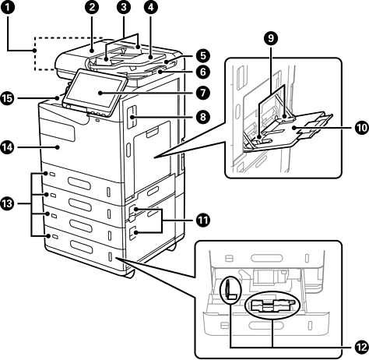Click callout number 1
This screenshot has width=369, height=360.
(8, 7)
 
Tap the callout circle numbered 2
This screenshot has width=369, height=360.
(91, 7)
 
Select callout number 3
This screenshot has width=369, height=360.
(124, 7)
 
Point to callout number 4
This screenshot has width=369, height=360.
(151, 7)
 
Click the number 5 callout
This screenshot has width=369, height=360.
(202, 55)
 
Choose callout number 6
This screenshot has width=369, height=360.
(202, 72)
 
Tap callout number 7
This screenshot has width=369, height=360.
(202, 93)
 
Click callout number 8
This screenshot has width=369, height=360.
(202, 117)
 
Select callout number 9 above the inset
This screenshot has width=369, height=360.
(271, 38)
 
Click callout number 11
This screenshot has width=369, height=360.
(202, 221)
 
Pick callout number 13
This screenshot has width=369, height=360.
(8, 203)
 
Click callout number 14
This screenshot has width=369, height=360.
(8, 147)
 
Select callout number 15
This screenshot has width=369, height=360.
(8, 99)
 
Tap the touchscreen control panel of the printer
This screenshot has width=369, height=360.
(96, 91)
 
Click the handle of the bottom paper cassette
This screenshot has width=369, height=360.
(81, 247)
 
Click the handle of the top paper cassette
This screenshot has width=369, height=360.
(79, 183)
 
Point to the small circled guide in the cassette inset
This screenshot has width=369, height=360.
(230, 290)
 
